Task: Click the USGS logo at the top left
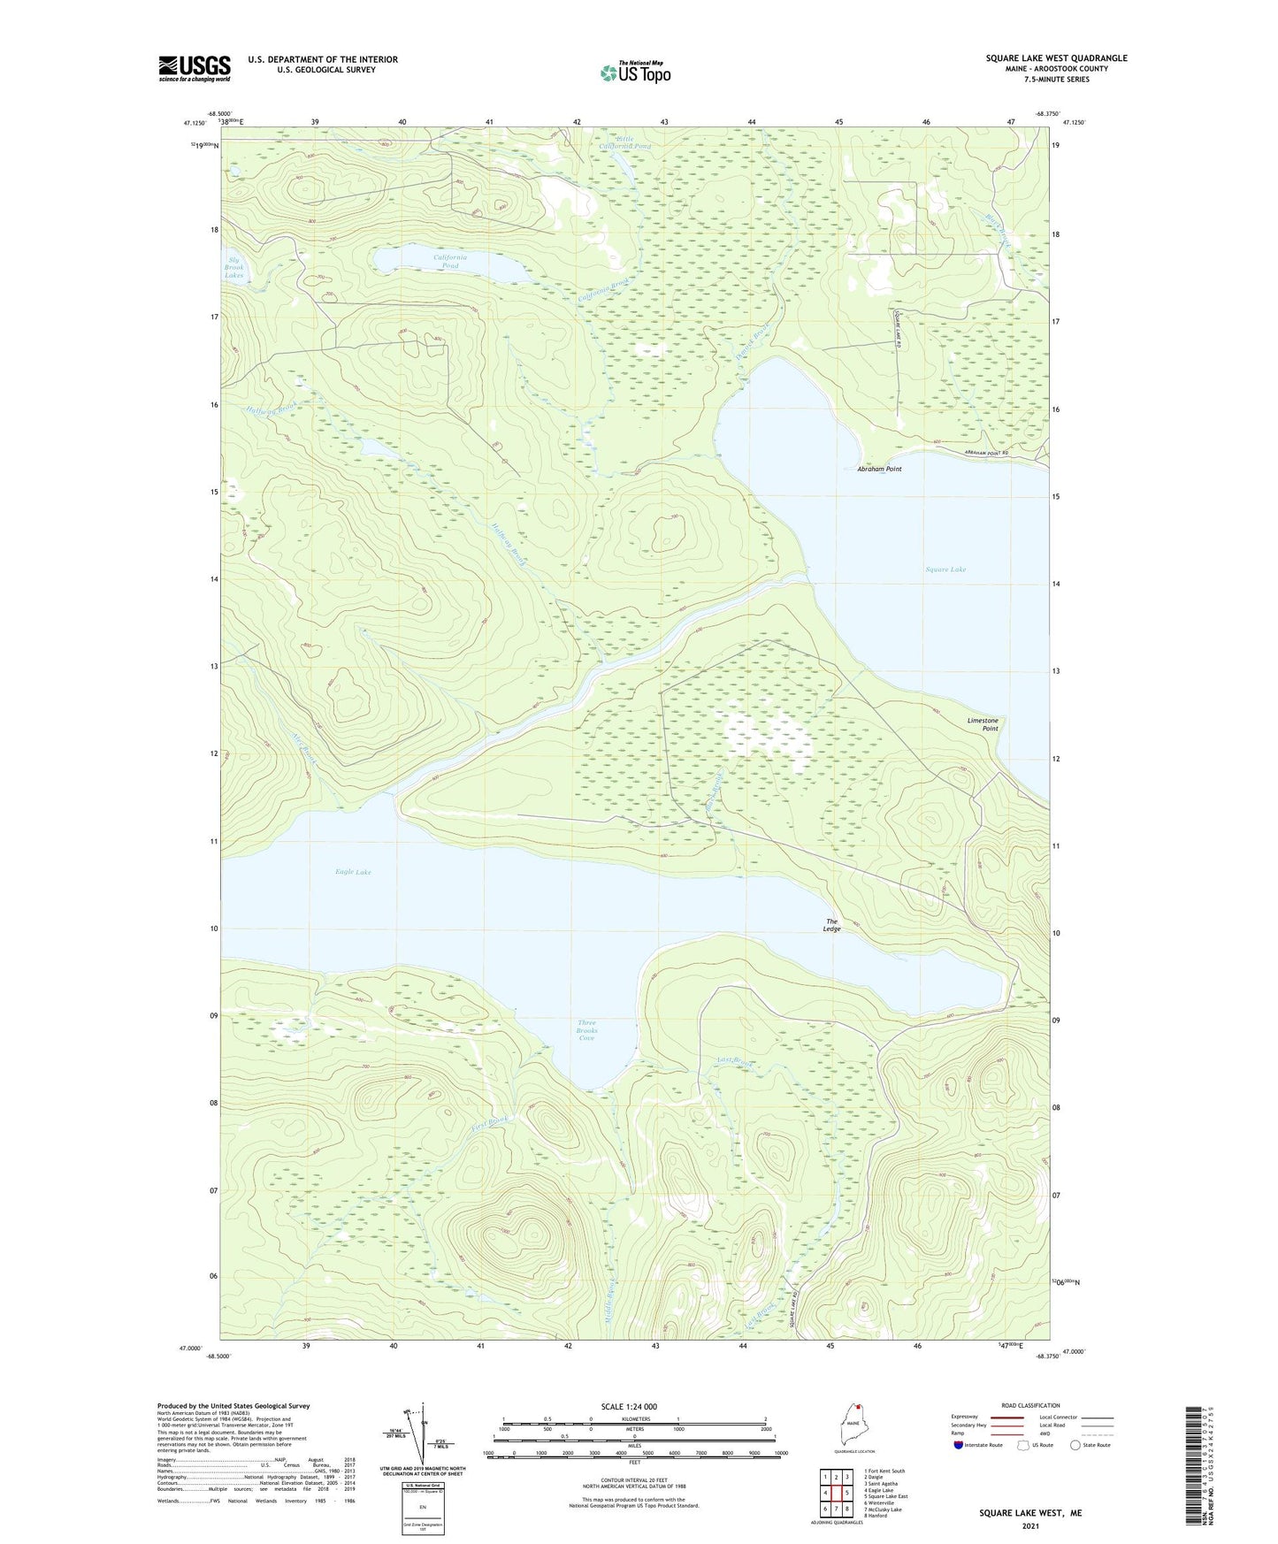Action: click(195, 68)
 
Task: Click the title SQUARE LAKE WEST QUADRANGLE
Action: click(1056, 58)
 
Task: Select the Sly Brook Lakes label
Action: click(233, 267)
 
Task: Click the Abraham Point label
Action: click(879, 469)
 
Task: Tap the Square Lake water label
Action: click(945, 569)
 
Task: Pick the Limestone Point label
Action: click(983, 724)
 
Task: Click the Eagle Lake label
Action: click(353, 872)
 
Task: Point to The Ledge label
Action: click(831, 925)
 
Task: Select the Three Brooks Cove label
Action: click(586, 1030)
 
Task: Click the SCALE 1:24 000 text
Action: click(628, 1406)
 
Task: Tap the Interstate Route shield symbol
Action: click(959, 1445)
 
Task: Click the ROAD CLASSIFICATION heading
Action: click(1030, 1405)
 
